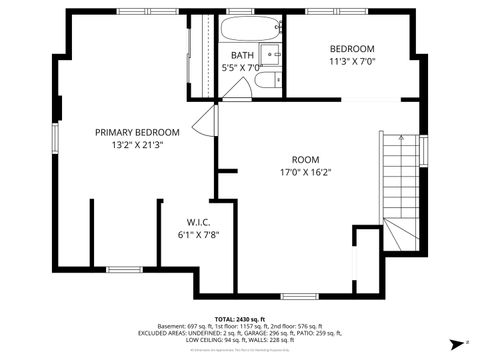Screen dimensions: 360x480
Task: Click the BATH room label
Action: coord(242,55)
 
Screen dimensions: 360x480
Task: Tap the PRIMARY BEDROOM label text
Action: coord(137,132)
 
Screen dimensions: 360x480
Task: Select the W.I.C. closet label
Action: coord(197,222)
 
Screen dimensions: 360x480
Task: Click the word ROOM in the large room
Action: coord(305,159)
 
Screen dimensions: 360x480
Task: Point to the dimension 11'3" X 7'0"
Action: coord(353,61)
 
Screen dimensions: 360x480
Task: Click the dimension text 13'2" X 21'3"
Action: coord(137,145)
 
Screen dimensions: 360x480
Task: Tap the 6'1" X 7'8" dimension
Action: coord(197,235)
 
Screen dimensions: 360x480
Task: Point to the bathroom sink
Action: coord(271,54)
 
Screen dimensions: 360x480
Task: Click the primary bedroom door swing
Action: coord(206,122)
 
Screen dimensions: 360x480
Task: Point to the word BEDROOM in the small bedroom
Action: coord(353,49)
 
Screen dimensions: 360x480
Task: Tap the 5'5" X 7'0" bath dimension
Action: coord(241,67)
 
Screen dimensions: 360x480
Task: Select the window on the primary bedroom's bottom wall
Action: coord(124,267)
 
